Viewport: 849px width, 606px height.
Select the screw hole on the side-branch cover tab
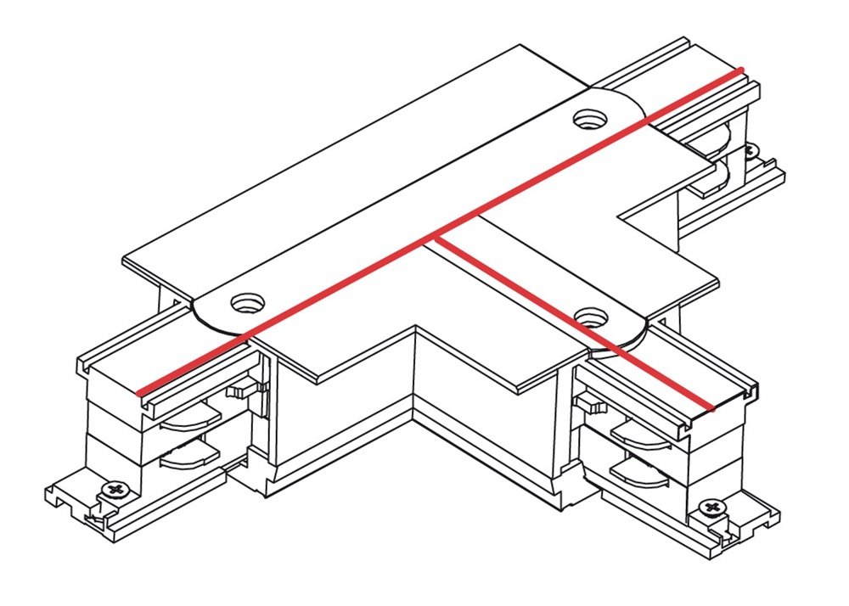(x=591, y=317)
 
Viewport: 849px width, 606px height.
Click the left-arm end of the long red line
(x=138, y=393)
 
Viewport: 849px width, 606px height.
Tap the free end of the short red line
(x=713, y=407)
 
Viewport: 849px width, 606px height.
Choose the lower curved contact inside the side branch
(x=638, y=472)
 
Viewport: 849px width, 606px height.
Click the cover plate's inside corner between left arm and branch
(x=414, y=325)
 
